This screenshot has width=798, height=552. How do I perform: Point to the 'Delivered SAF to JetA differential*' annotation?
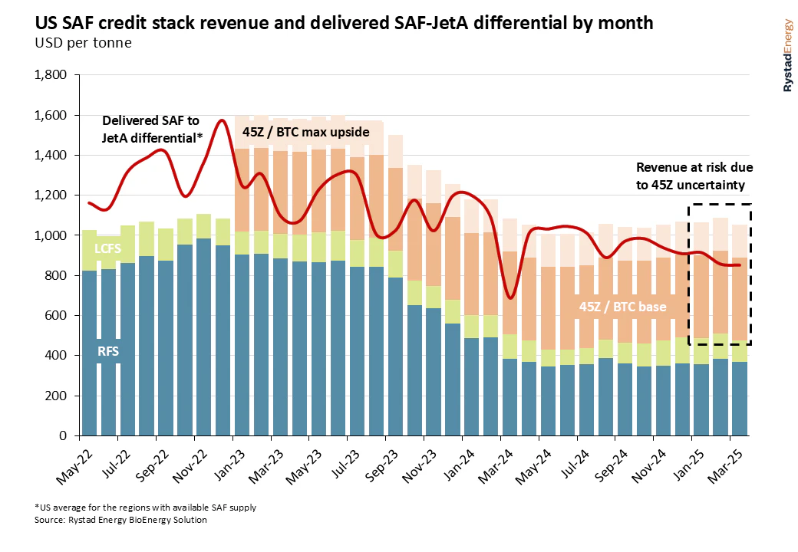click(151, 129)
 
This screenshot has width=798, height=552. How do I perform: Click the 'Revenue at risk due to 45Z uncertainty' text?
click(693, 176)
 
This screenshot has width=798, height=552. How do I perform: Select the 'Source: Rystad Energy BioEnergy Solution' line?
click(121, 520)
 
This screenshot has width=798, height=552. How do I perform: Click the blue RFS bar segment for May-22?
click(89, 353)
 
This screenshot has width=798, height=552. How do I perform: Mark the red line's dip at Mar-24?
click(509, 297)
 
